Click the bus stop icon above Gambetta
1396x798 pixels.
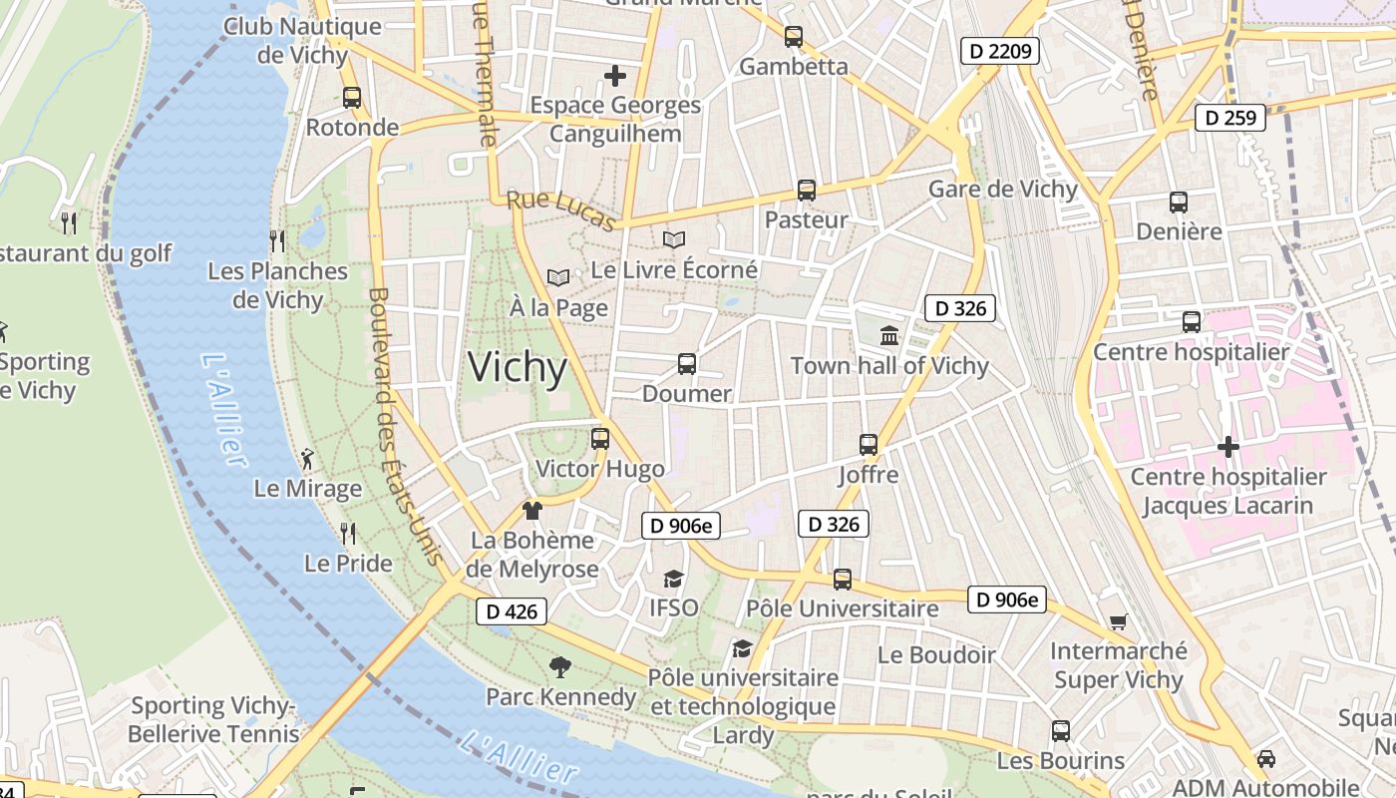793,37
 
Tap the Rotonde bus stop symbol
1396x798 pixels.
352,98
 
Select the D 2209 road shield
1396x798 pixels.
1000,51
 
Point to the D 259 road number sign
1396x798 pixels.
1230,118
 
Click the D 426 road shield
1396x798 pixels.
512,611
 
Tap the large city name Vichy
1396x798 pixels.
518,368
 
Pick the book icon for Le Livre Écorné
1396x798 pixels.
674,239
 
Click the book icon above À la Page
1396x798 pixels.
558,277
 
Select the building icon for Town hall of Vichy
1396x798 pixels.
889,335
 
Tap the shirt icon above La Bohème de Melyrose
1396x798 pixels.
532,511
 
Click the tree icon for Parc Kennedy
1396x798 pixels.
560,666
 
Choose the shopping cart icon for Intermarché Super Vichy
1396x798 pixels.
1119,622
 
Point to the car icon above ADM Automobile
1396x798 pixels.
1265,758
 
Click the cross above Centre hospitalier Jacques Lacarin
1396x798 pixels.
1228,447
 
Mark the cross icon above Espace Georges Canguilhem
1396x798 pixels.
615,75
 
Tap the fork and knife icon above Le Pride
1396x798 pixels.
347,534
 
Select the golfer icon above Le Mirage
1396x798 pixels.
307,459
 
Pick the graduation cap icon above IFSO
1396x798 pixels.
674,579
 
